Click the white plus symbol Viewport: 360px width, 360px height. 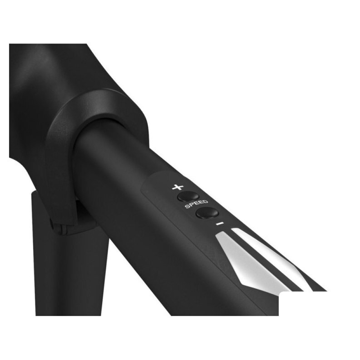[178, 187]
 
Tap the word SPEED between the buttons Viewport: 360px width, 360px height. [197, 204]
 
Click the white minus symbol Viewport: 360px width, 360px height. [220, 223]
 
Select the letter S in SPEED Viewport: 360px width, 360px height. [187, 207]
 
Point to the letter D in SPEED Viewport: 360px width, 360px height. [206, 201]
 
